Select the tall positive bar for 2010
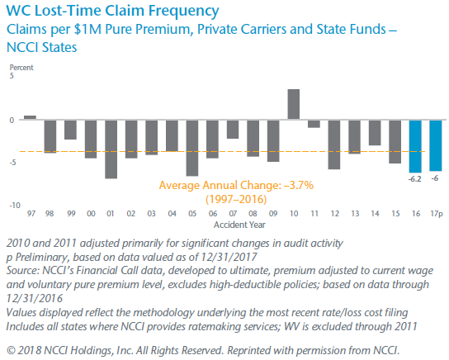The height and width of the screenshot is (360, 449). [293, 104]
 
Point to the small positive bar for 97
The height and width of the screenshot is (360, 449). [30, 117]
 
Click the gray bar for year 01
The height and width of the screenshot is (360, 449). [111, 149]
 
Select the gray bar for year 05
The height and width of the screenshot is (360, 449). [192, 147]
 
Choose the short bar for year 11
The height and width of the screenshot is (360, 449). [314, 123]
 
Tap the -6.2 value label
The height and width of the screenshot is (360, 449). [414, 178]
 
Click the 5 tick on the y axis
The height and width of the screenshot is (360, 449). [12, 76]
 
